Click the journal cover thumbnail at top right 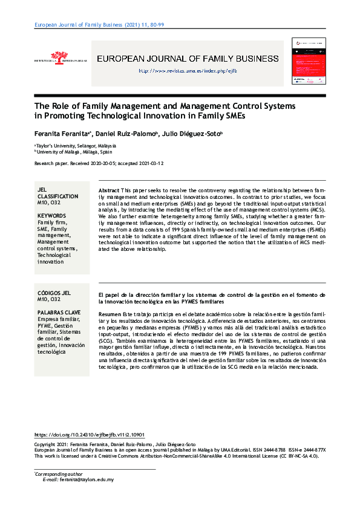[308, 61]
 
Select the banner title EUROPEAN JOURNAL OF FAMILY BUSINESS [188, 59]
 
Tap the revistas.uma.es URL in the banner [188, 71]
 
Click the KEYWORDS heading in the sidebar [51, 215]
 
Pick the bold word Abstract [108, 190]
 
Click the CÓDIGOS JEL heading [55, 293]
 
